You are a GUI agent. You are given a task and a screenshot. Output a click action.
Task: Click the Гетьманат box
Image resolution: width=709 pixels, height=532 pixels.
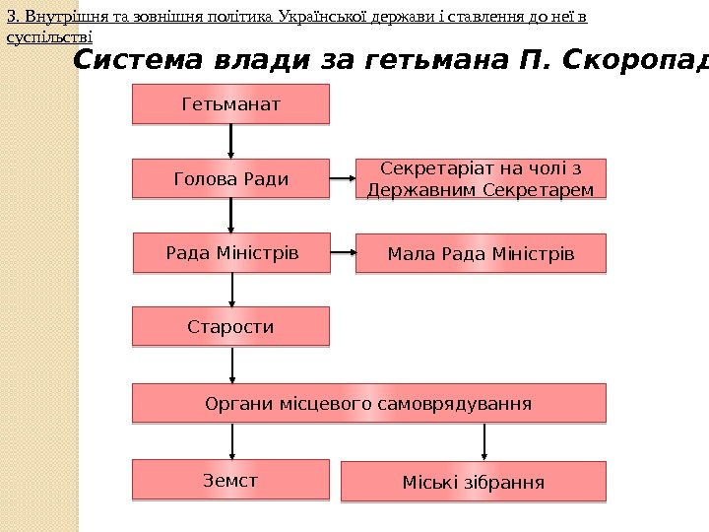[x=230, y=103]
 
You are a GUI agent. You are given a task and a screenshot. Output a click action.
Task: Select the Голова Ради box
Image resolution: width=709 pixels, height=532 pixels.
[x=230, y=179]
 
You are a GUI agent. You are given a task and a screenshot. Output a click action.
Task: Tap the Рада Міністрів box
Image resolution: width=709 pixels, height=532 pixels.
[x=230, y=253]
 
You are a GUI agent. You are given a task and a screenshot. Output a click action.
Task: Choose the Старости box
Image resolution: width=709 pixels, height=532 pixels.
[x=230, y=326]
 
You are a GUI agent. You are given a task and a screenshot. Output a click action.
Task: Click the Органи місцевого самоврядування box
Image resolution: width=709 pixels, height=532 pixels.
[x=368, y=404]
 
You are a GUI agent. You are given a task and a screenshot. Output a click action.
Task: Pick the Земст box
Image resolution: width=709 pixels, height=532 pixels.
[x=230, y=480]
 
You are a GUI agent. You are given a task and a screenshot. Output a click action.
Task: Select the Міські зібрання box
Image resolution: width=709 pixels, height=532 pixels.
[x=473, y=483]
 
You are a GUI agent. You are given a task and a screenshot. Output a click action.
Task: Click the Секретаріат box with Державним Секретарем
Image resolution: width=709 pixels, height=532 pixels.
[x=481, y=179]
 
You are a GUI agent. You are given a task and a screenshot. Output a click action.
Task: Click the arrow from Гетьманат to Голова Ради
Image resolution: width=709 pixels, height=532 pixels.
[x=231, y=142]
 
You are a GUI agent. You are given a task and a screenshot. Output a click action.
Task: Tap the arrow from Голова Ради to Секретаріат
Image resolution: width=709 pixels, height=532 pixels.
[x=342, y=179]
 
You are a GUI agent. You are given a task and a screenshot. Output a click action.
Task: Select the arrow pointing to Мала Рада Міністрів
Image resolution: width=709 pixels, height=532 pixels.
[x=342, y=253]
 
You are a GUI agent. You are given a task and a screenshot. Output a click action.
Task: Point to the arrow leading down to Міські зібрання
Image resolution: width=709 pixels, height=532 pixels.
[x=485, y=442]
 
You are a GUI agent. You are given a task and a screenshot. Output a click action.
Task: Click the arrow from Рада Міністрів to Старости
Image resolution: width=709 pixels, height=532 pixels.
[x=233, y=290]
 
